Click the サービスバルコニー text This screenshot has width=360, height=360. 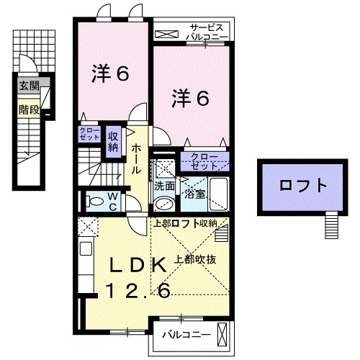(207, 30)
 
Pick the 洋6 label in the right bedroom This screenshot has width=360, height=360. (190, 99)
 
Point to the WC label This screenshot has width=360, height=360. (113, 200)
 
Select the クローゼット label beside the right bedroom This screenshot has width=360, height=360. (205, 161)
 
